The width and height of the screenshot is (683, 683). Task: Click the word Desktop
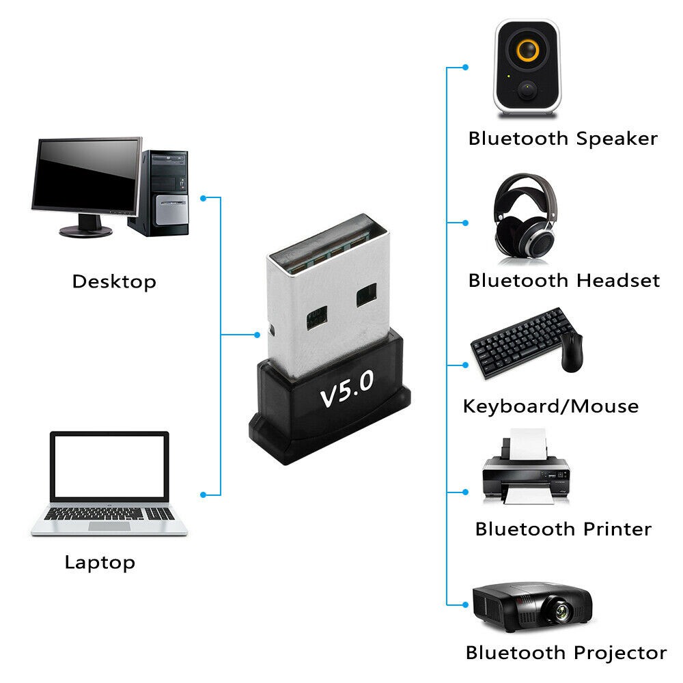pos(114,281)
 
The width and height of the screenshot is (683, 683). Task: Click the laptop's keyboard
pos(109,514)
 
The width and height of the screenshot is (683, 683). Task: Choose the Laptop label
pos(100,563)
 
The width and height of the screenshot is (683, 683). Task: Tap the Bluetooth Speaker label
pos(562,139)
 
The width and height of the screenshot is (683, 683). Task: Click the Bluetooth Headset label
pos(563,281)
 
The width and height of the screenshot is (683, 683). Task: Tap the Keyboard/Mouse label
pos(550,406)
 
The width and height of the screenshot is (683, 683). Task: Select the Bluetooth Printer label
pos(563,529)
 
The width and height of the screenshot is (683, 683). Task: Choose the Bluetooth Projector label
pos(566,652)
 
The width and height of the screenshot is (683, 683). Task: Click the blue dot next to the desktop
pos(203,198)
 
